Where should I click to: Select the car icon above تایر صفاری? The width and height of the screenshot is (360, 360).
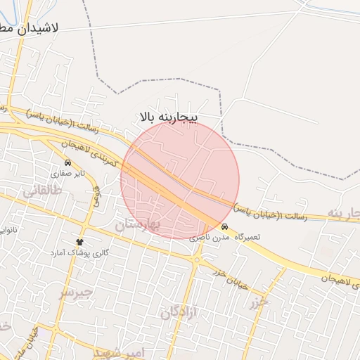click(x=67, y=162)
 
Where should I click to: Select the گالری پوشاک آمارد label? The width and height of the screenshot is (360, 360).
click(x=77, y=252)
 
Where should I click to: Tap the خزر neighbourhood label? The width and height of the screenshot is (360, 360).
click(x=259, y=303)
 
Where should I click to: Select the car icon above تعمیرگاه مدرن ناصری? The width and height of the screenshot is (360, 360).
click(x=224, y=227)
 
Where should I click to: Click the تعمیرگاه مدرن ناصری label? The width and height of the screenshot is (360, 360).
click(x=224, y=238)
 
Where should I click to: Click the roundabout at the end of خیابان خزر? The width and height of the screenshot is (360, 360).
click(x=197, y=259)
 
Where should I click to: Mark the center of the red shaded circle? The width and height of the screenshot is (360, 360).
click(x=180, y=180)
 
